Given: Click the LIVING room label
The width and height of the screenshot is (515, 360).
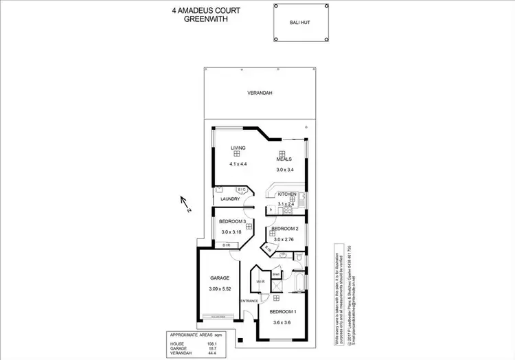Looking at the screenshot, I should click(238, 148).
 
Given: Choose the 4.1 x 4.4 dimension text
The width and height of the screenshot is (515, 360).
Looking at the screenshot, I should click(238, 164).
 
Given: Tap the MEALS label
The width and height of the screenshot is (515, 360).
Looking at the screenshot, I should click(284, 159).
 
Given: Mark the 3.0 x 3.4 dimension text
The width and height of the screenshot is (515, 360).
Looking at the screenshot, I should click(285, 170).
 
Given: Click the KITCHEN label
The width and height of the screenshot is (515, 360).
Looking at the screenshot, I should click(287, 194).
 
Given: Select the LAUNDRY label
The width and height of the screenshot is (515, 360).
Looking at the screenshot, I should click(230, 199).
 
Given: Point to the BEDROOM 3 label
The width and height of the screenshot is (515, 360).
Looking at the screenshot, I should click(232, 221).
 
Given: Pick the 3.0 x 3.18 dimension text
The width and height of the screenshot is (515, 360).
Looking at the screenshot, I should click(232, 233).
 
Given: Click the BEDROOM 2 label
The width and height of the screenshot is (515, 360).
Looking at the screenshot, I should click(284, 228).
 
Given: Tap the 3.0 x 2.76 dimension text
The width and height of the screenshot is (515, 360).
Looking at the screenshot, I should click(284, 239).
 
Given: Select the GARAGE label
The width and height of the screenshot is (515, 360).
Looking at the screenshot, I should click(219, 278).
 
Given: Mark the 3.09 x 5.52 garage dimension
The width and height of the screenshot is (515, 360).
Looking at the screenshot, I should click(220, 289).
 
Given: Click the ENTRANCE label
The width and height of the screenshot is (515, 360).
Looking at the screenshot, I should click(249, 301).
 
